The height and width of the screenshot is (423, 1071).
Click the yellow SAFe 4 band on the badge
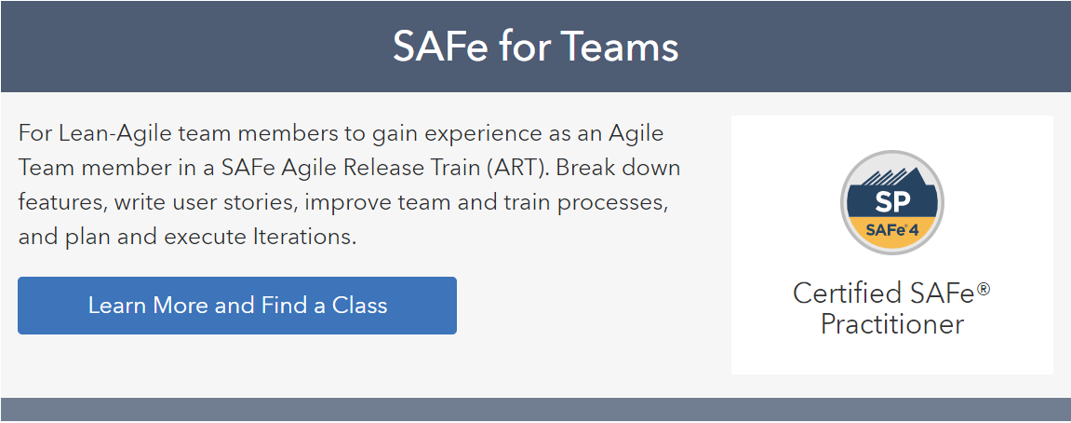[892, 233]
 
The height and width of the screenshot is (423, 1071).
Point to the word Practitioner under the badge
[892, 323]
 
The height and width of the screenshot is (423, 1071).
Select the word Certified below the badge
[846, 293]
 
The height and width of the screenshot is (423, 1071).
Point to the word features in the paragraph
[62, 202]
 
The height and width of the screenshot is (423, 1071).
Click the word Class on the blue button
[359, 306]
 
